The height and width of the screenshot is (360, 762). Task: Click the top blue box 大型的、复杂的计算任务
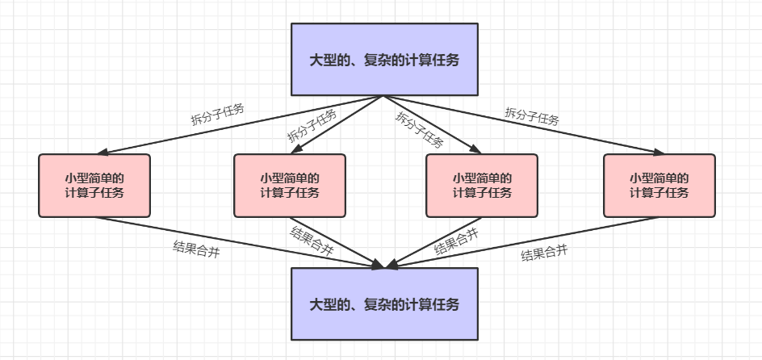384,59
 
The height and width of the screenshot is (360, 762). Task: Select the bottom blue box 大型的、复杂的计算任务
384,303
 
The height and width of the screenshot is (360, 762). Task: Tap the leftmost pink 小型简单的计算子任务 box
94,186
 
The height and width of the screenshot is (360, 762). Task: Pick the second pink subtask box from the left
290,186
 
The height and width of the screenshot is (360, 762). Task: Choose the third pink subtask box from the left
482,186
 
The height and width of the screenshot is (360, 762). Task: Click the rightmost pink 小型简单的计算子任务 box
659,186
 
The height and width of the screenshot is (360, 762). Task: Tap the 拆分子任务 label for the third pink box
419,129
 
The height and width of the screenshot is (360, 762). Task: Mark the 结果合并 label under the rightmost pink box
544,254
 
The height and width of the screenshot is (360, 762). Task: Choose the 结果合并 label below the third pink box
456,241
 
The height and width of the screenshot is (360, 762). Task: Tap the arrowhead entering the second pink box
295,150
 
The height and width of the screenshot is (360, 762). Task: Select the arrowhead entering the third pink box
475,150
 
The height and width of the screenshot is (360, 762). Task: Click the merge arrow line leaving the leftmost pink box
242,241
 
